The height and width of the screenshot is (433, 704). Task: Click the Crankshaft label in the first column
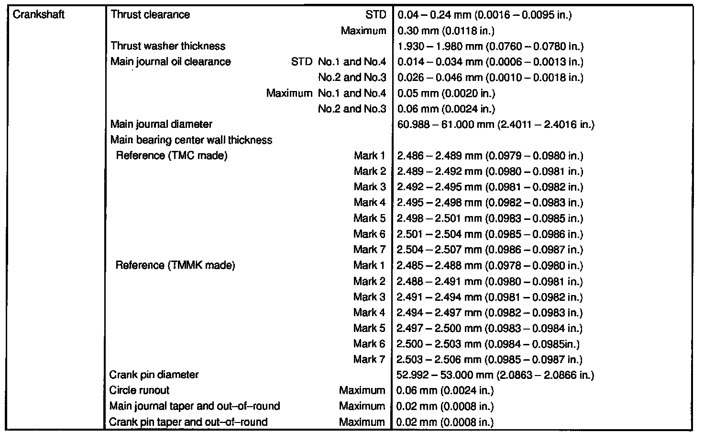39,14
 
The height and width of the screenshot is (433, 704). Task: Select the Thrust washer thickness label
168,46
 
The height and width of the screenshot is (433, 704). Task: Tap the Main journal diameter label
161,125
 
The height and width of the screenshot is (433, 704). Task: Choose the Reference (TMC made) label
171,156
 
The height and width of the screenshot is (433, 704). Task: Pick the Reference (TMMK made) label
175,265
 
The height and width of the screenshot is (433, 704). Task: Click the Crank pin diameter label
154,375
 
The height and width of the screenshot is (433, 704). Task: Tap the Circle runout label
139,390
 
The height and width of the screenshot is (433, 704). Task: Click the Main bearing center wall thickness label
191,140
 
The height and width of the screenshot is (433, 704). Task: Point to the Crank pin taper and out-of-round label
188,422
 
